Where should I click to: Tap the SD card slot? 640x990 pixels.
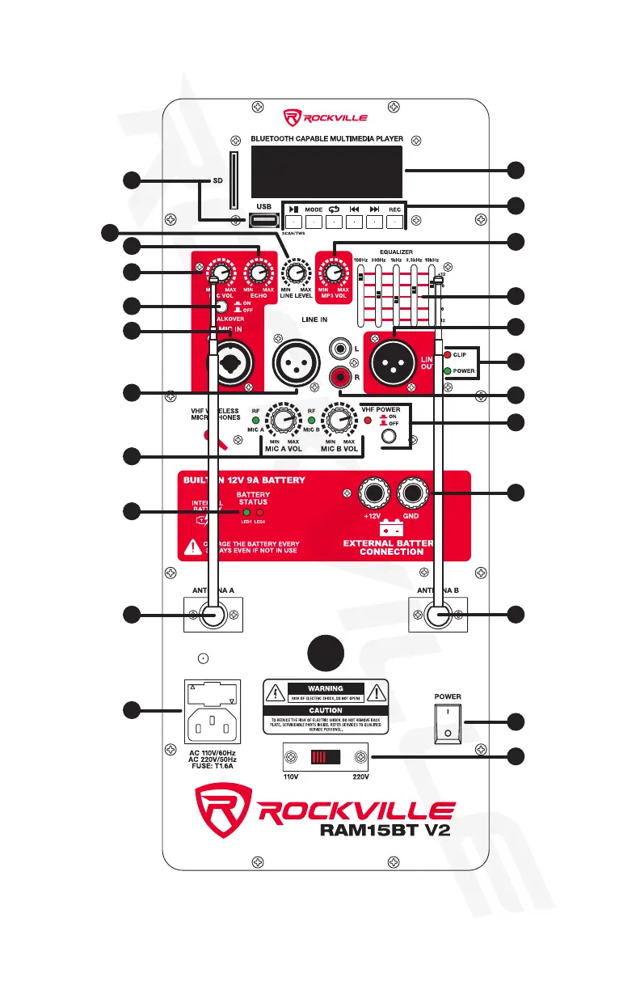(x=234, y=182)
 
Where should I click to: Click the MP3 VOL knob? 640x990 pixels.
(x=331, y=272)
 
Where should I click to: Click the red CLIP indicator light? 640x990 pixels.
(x=447, y=354)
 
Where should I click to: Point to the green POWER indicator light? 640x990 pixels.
(x=447, y=371)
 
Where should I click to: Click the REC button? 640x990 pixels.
(x=396, y=220)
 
